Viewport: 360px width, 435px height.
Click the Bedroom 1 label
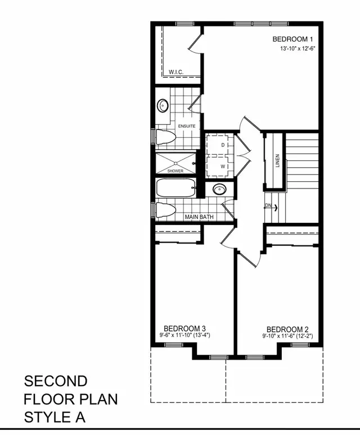click(292, 39)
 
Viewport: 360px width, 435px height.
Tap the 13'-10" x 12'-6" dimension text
click(296, 49)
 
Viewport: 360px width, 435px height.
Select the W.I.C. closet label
click(177, 72)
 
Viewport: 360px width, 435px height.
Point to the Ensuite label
click(187, 125)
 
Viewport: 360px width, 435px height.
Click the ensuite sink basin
click(164, 105)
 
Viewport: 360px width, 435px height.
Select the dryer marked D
click(223, 146)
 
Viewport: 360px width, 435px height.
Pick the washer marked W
click(223, 167)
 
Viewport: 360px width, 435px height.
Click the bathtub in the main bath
click(175, 188)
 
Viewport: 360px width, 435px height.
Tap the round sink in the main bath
click(219, 190)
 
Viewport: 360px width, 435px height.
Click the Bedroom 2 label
click(287, 329)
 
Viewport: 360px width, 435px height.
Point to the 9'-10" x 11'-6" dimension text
click(286, 337)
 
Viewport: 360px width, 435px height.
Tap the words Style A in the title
click(54, 418)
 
